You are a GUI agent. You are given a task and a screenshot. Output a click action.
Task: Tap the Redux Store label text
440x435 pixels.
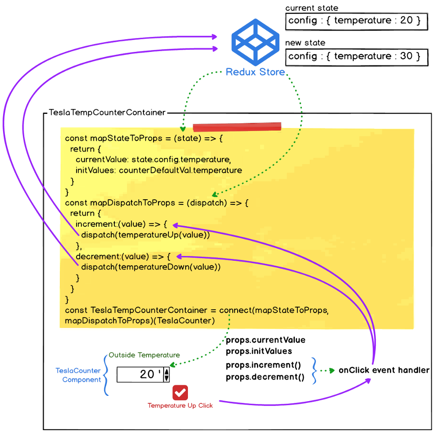coord(255,72)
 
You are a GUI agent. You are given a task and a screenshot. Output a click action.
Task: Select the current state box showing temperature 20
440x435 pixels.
coord(356,21)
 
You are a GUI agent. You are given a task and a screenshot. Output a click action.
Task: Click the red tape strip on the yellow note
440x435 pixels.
coord(237,127)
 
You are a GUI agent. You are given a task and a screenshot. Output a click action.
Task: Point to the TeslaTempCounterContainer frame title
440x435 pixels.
coord(107,113)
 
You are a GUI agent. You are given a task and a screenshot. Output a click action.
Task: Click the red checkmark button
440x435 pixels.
coord(180,392)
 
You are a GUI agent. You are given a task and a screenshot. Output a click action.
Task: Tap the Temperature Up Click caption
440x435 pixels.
coord(180,406)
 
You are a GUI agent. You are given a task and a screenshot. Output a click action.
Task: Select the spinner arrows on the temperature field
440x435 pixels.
coord(166,375)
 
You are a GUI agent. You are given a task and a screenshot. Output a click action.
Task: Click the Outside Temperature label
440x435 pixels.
coord(144,355)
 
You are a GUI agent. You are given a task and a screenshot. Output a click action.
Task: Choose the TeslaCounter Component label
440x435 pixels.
coord(78,375)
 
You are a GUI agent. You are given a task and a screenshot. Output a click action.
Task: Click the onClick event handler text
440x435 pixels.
coord(384,370)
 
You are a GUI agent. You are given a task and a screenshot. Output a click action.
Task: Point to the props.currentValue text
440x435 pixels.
coord(265,340)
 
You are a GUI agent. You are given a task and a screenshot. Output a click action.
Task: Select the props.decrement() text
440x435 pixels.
coord(265,377)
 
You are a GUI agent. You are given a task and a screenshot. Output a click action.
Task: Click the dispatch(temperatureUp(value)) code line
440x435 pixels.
coord(145,235)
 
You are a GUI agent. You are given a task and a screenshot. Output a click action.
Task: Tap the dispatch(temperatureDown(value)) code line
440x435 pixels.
coord(150,267)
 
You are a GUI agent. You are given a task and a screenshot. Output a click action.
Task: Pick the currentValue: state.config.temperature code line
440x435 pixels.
coord(153,159)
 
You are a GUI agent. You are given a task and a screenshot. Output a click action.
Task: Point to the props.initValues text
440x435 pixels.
coord(259,351)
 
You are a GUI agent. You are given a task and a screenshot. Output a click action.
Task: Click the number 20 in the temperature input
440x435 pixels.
coord(147,375)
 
